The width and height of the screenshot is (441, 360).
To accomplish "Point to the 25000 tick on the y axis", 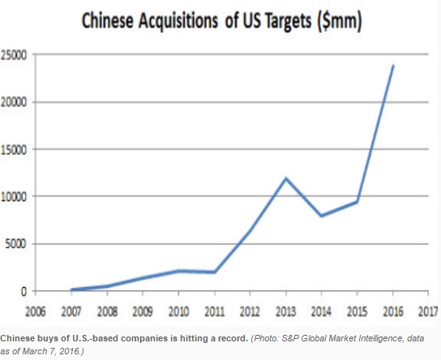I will click(x=14, y=55).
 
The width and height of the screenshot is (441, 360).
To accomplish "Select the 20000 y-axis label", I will click(x=14, y=102).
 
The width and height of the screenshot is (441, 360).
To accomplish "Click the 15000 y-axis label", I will click(x=14, y=149).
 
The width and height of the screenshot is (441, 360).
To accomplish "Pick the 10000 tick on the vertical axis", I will click(x=14, y=196).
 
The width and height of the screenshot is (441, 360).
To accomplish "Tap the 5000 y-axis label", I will click(x=16, y=243).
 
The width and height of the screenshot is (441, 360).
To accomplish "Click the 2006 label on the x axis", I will click(x=36, y=311).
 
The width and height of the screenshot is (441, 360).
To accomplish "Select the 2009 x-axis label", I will click(x=143, y=311).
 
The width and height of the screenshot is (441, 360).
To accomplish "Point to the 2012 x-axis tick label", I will click(x=250, y=311).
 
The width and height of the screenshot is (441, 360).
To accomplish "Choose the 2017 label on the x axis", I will click(x=428, y=311).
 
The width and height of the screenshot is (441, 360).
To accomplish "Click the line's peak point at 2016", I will click(x=392, y=66).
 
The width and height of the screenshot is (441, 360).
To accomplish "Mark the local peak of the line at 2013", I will click(x=285, y=178).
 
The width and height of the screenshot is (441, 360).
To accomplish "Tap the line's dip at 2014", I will click(x=321, y=216).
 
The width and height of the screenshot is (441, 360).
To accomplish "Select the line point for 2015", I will click(x=357, y=201).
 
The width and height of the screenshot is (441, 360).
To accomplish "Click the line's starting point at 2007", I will click(x=71, y=289).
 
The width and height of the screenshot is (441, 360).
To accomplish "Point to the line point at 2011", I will click(x=214, y=272).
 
